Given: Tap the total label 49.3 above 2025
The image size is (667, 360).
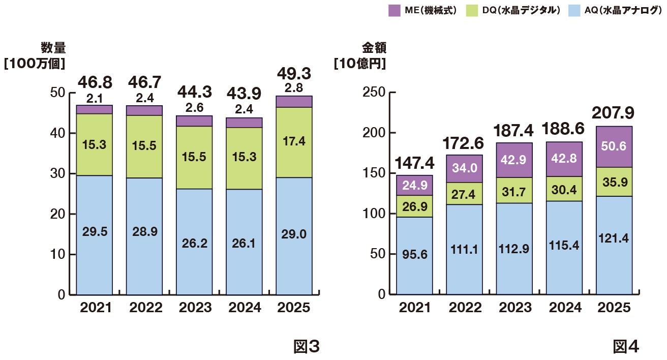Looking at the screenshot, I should (x=294, y=74).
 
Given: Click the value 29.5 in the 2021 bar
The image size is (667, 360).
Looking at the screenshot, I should (x=95, y=232).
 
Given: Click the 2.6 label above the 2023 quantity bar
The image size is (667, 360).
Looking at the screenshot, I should (x=194, y=107).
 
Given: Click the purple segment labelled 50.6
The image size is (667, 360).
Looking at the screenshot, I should (x=614, y=146).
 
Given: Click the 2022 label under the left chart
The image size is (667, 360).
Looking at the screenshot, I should (x=144, y=308).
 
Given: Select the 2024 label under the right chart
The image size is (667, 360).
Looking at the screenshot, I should (x=564, y=308).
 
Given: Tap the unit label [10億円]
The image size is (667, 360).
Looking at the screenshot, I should (x=359, y=65).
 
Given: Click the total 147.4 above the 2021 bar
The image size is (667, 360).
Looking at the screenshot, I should (x=414, y=164).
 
